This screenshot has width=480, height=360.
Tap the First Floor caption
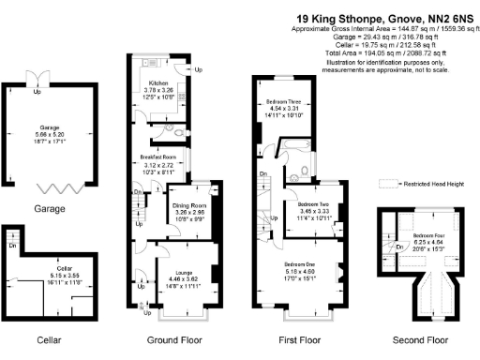click(x=301, y=339)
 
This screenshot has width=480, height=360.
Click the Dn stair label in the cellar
click(x=13, y=246)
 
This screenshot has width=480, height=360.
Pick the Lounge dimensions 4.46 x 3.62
click(x=156, y=279)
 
